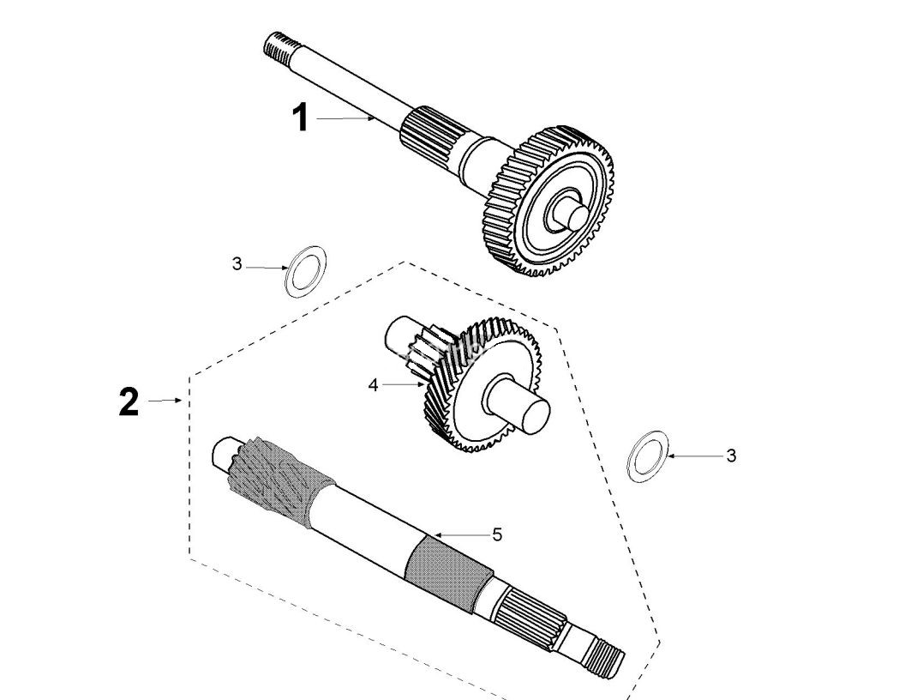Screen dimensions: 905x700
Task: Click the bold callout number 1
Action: (301, 118)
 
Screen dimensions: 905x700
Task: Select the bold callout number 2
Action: (129, 401)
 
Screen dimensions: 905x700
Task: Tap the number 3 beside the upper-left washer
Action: (237, 264)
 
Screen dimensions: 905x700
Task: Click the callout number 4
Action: (373, 385)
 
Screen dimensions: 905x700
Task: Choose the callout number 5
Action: (497, 534)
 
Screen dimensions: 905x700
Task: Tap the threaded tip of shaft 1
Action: (277, 46)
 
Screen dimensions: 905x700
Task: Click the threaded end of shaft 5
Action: (608, 660)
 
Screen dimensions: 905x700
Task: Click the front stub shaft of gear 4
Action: (517, 403)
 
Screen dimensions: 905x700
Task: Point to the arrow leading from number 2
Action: (165, 401)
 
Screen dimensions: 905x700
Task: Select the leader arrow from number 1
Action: (345, 118)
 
